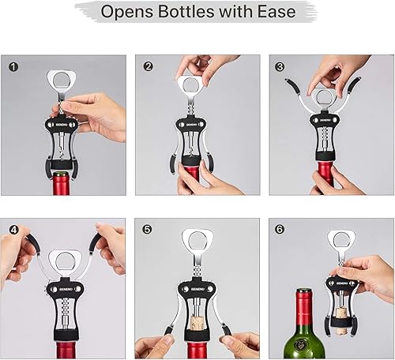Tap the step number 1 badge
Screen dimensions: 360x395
(13, 66)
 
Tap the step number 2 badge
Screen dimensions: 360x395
(147, 66)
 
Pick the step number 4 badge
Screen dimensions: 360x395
(13, 231)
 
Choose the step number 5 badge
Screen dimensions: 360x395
(147, 231)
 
